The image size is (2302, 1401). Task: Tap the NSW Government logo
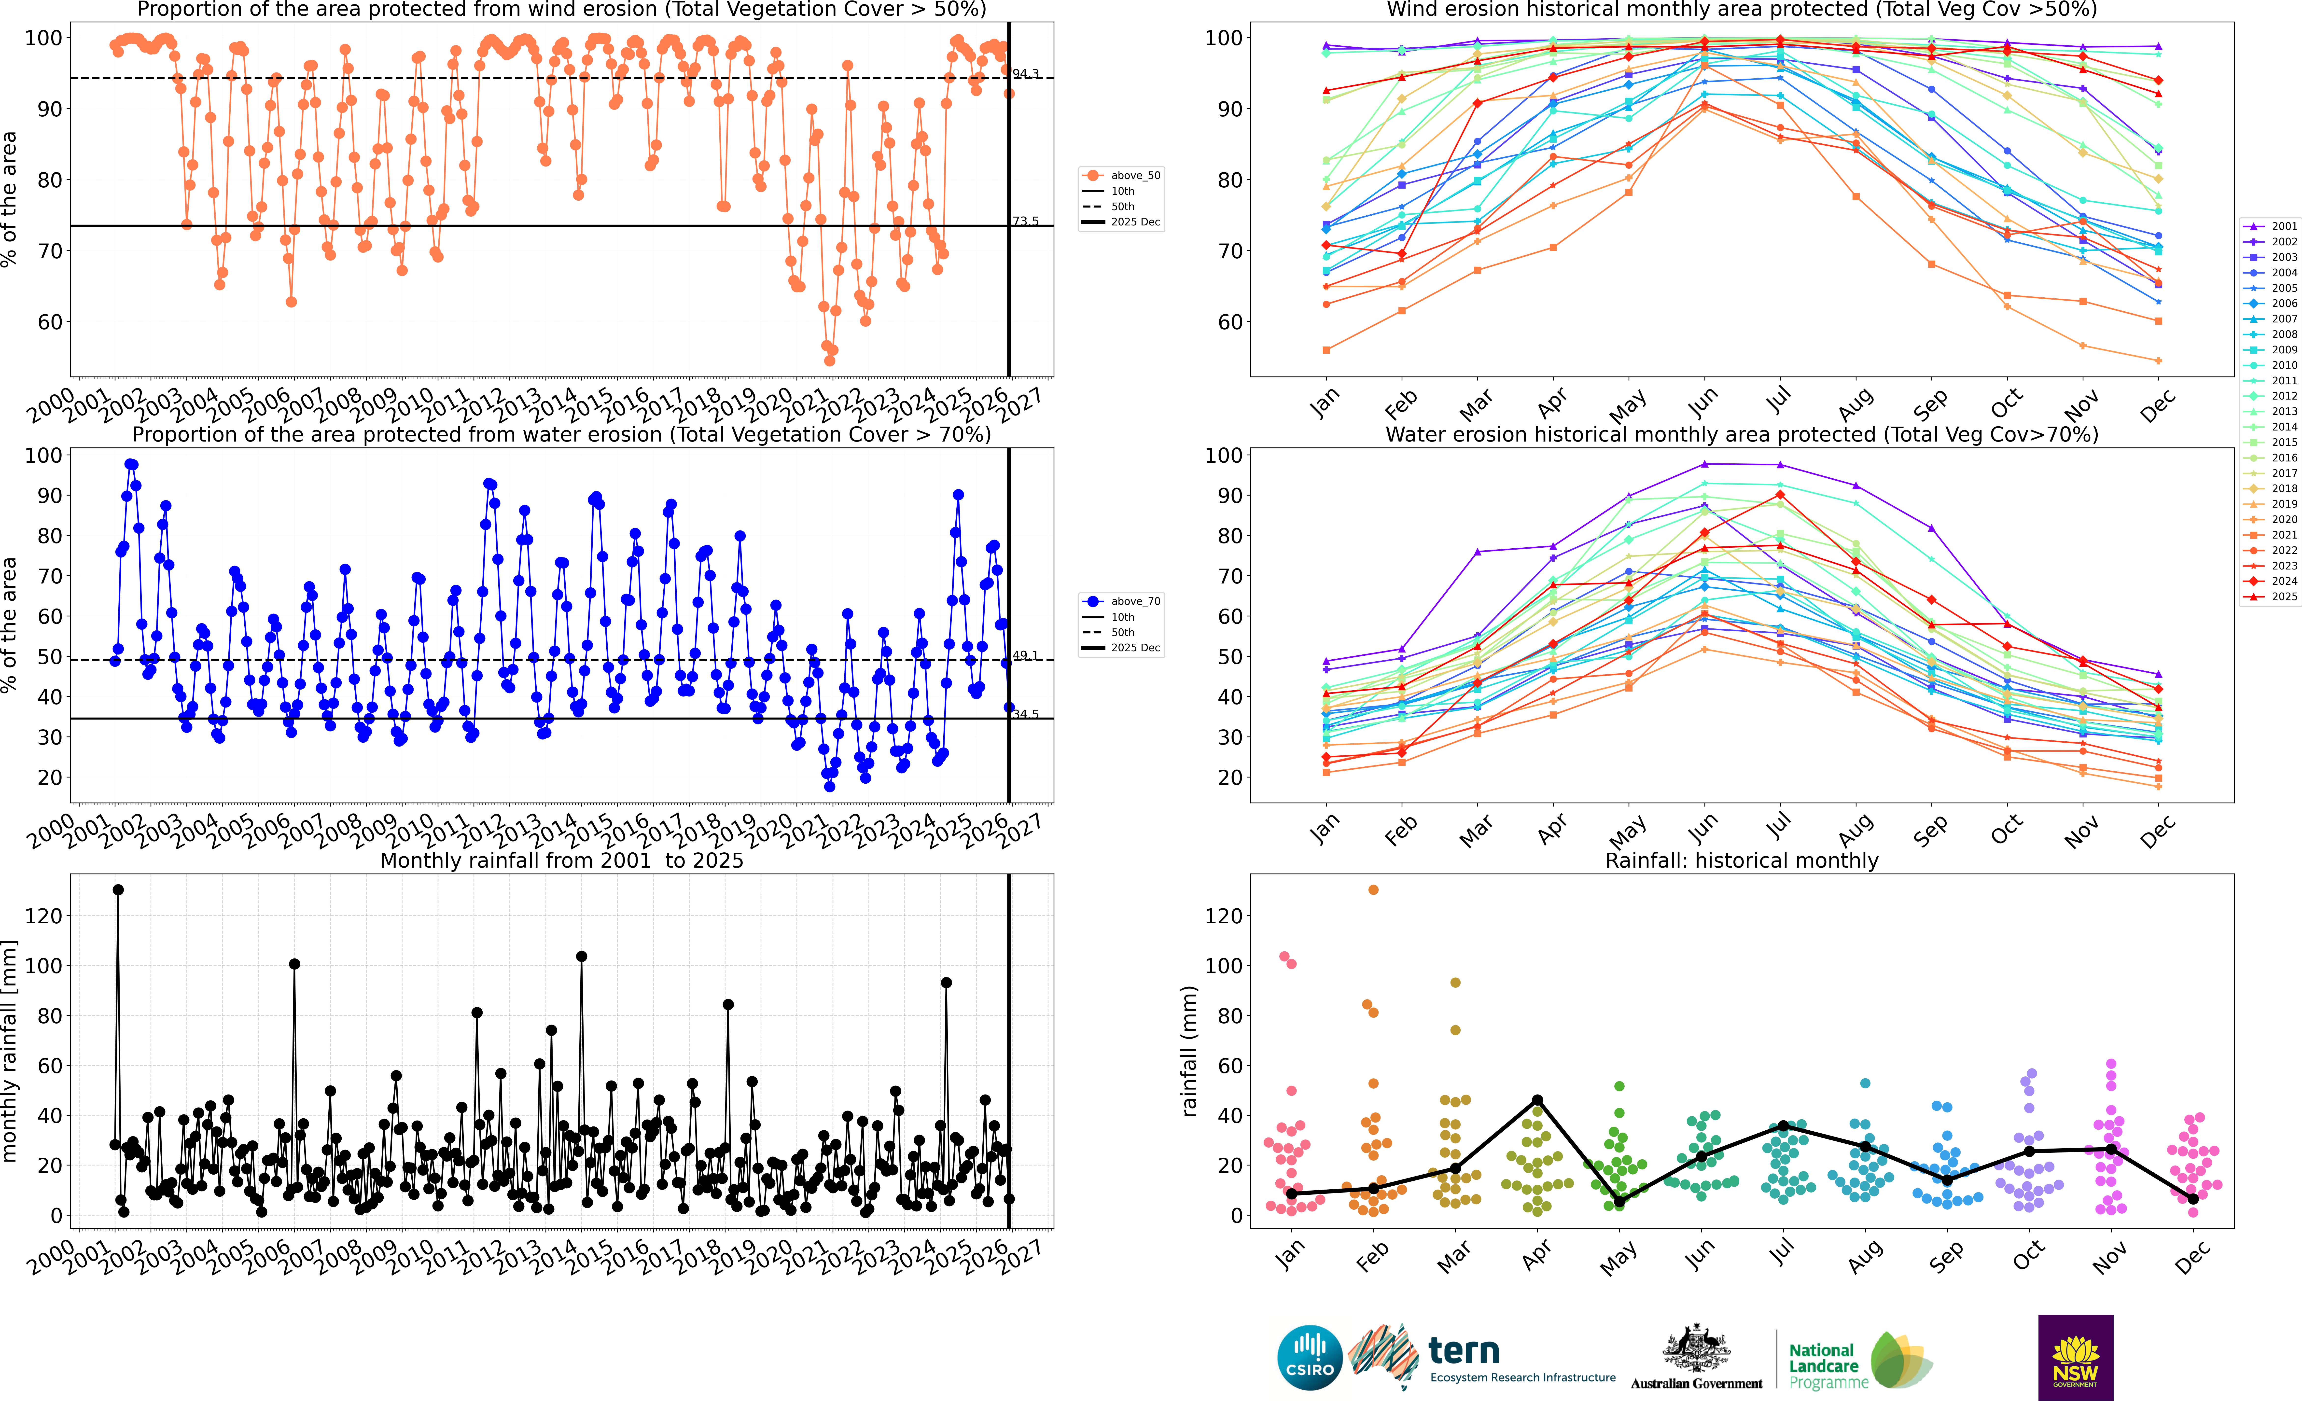[x=2075, y=1357]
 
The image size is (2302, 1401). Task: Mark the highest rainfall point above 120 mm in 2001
[x=118, y=890]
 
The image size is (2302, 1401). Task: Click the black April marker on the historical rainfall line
[x=1537, y=1100]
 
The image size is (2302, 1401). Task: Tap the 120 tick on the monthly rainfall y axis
[x=44, y=916]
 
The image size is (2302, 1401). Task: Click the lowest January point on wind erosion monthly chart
[x=1327, y=350]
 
